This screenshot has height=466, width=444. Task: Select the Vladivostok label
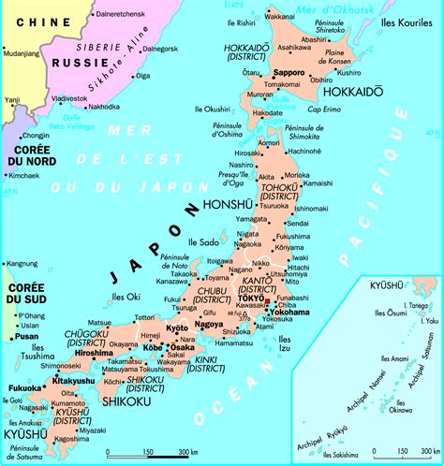click(x=70, y=97)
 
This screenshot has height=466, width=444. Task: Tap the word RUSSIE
click(x=70, y=63)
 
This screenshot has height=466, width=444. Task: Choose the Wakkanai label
click(x=280, y=17)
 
